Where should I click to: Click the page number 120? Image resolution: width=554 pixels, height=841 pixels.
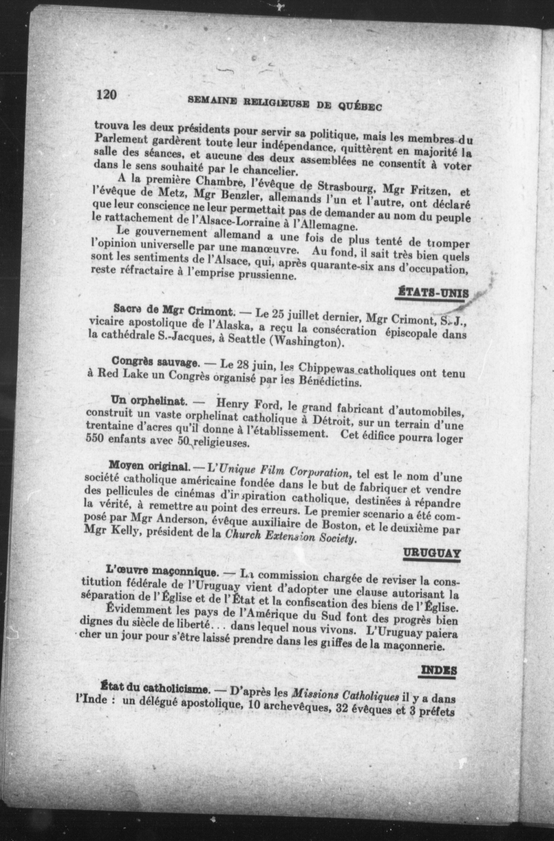[x=106, y=94]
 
